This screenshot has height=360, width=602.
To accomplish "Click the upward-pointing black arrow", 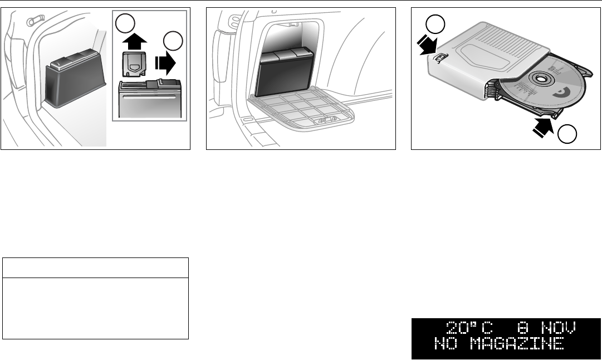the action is click(x=133, y=42).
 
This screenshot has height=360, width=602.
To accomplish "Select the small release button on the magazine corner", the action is click(x=439, y=57).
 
